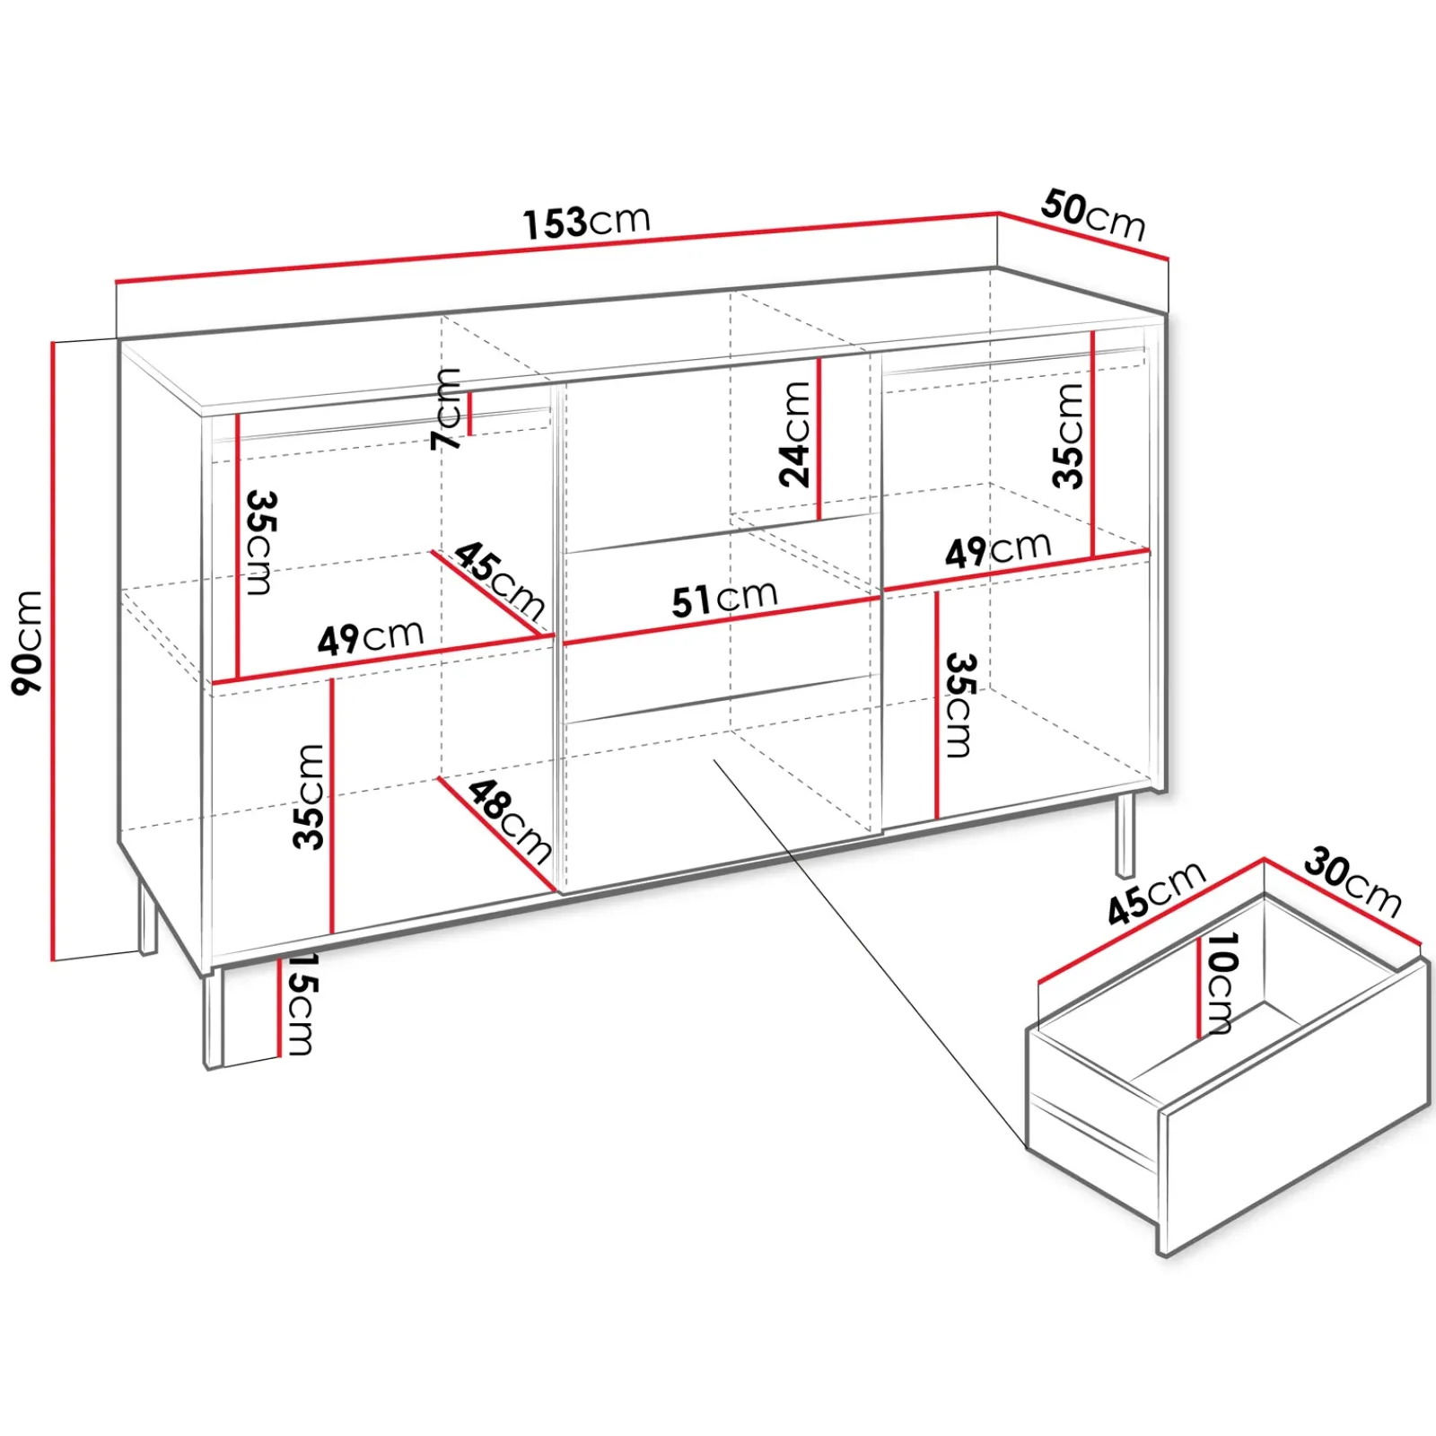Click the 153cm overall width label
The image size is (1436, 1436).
[587, 223]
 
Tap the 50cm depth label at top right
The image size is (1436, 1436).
[1094, 215]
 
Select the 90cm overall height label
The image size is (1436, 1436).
[28, 642]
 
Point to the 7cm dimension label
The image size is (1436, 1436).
[446, 408]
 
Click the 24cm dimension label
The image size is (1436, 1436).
[795, 434]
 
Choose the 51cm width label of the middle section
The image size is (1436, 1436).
[725, 599]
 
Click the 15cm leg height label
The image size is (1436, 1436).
[299, 1003]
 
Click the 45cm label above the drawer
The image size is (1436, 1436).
[1156, 893]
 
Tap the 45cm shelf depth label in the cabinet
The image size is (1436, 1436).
[499, 581]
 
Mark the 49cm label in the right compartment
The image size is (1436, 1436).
[998, 549]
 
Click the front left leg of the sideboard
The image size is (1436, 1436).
[213, 1018]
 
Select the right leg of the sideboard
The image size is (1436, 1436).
[1125, 835]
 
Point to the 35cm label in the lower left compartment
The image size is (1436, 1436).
[308, 796]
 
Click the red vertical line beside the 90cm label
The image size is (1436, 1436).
[54, 651]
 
